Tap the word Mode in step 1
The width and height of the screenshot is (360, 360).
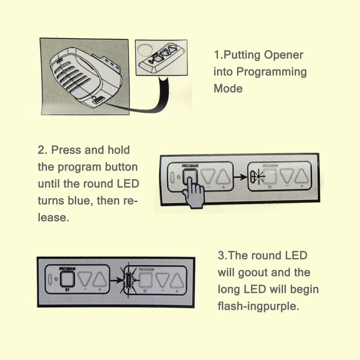click(x=228, y=88)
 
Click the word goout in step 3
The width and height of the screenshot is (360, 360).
click(x=258, y=272)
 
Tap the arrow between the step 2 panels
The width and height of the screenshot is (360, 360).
click(x=242, y=177)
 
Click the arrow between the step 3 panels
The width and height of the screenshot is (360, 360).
click(x=117, y=280)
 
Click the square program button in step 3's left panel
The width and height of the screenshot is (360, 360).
click(x=67, y=279)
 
